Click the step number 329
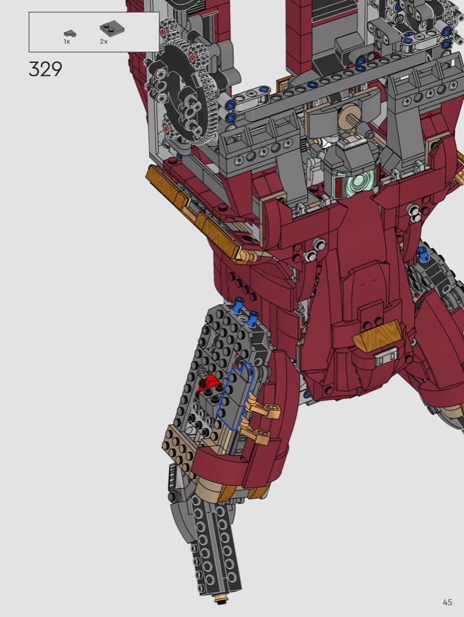click(x=45, y=69)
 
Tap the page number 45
click(x=447, y=602)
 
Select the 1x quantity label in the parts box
click(x=67, y=41)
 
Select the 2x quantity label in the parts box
click(x=103, y=41)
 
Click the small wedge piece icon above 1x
click(x=70, y=34)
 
